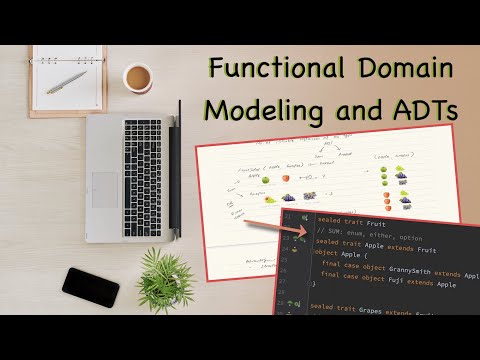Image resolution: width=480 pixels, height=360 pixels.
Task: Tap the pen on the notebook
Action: point(66,81)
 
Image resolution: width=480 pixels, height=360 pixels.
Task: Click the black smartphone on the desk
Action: point(90,287)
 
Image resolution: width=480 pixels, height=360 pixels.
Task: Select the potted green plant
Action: point(165,279)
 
